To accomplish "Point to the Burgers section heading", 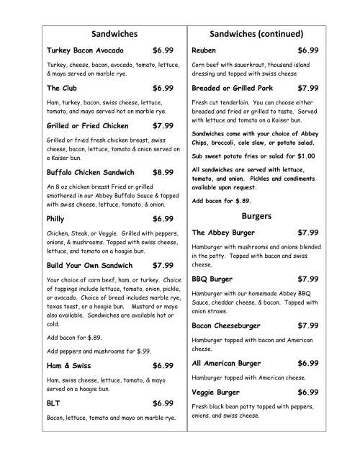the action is (x=256, y=215).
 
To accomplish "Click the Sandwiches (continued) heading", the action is (x=256, y=34).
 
